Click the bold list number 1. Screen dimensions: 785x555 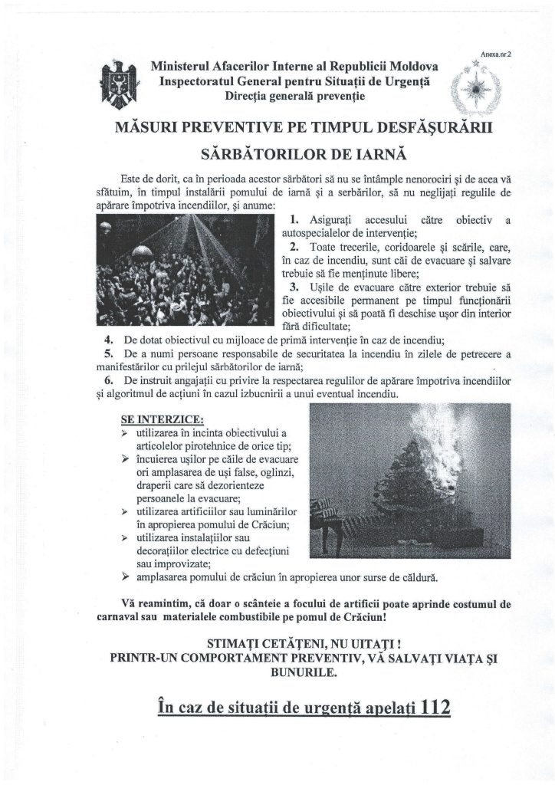point(294,220)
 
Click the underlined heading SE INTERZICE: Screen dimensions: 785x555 point(162,419)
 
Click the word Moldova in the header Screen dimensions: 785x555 point(411,67)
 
